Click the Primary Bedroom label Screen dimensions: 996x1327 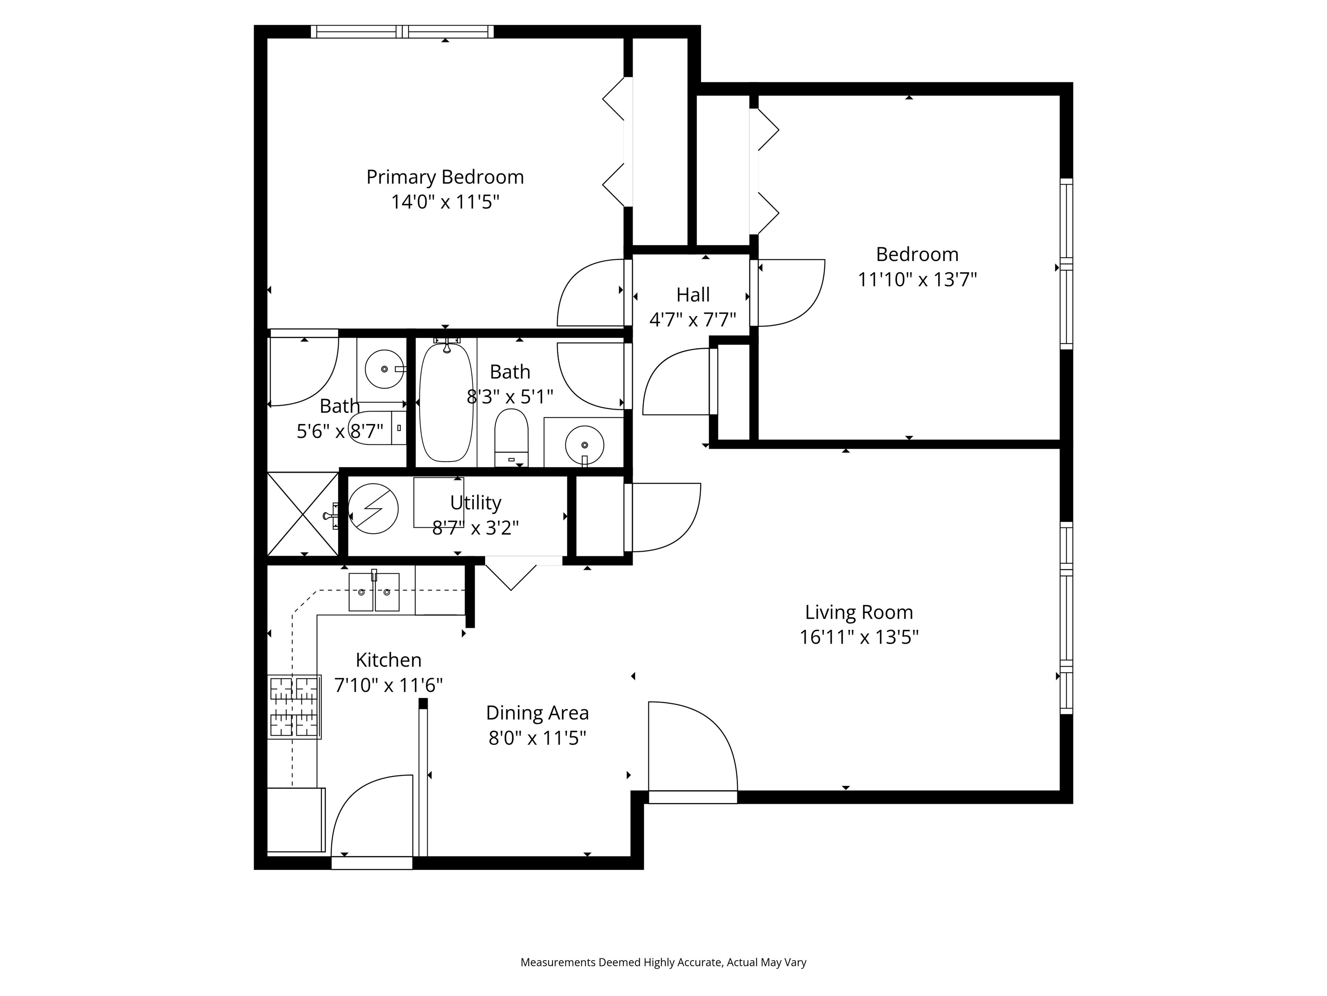click(x=444, y=177)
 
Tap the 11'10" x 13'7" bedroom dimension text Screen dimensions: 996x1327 click(x=917, y=280)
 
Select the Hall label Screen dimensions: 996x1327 click(x=693, y=295)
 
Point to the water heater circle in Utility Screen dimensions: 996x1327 click(x=373, y=508)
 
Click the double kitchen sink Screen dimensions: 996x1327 click(x=374, y=592)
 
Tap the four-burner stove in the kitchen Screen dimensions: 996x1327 click(x=294, y=707)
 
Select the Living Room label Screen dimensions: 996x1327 click(x=858, y=613)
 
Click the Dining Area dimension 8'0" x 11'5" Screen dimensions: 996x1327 click(x=537, y=738)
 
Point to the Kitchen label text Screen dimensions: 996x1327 click(x=388, y=660)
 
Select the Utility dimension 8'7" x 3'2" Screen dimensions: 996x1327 click(x=475, y=528)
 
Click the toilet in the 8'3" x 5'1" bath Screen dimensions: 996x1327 click(x=511, y=437)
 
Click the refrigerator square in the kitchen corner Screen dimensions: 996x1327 click(x=295, y=820)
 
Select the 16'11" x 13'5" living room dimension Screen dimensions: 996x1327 click(x=858, y=637)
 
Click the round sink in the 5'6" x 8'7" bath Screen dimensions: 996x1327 click(x=384, y=369)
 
